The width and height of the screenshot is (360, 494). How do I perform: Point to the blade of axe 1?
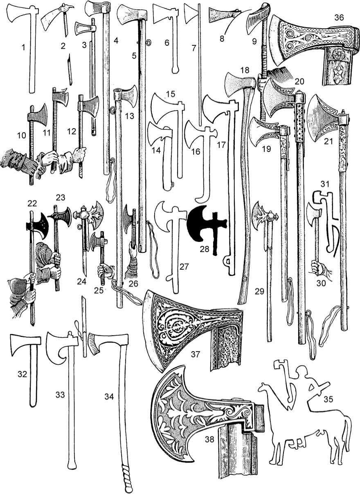click(18, 18)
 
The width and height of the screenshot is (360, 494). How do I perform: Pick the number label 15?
click(170, 94)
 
